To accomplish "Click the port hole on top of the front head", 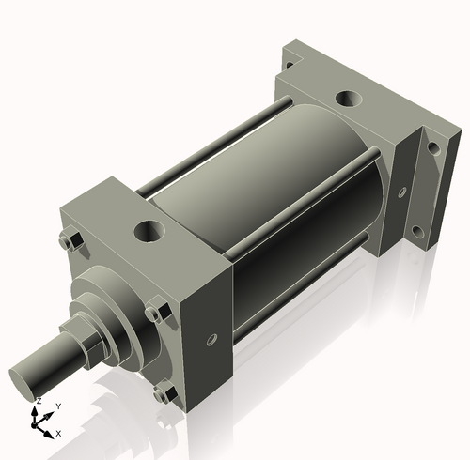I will click(x=149, y=229).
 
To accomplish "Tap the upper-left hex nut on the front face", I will click(x=68, y=241).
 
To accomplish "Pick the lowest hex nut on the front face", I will click(x=166, y=393).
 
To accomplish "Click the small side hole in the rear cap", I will click(x=401, y=192).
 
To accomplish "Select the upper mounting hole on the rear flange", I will click(x=432, y=147).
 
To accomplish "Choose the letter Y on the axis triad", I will click(x=59, y=406).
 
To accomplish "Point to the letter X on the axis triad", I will click(x=58, y=433).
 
